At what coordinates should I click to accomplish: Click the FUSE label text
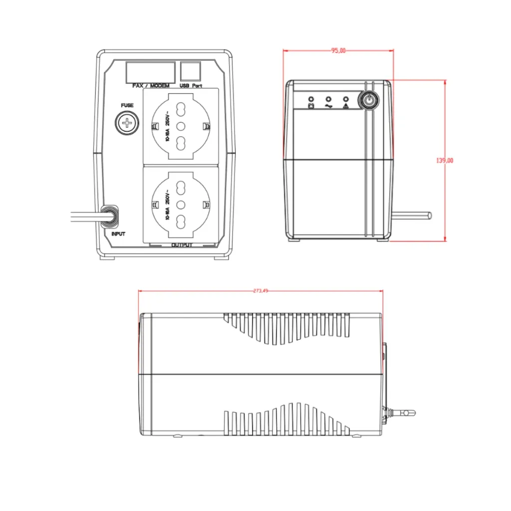[127, 105]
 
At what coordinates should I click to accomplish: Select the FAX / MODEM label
[151, 86]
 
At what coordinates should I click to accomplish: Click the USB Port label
[191, 86]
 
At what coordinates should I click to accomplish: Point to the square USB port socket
[190, 70]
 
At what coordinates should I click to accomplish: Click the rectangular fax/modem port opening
[150, 71]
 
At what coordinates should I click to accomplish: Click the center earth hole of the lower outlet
[181, 204]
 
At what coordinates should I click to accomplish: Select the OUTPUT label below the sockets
[182, 245]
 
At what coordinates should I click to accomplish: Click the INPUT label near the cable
[118, 234]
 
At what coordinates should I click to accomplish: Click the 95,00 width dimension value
[338, 50]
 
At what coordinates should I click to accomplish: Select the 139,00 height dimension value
[445, 160]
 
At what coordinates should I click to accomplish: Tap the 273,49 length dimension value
[260, 290]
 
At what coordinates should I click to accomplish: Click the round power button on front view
[368, 100]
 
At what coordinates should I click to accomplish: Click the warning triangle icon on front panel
[345, 105]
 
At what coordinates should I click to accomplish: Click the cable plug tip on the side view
[409, 413]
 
